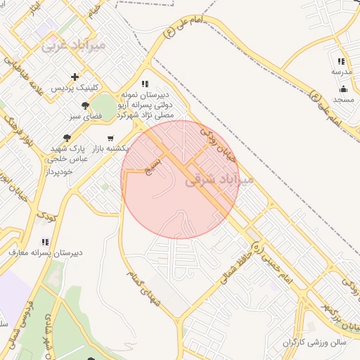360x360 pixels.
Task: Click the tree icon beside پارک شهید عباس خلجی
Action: click(x=67, y=138)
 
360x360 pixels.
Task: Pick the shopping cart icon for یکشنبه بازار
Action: click(x=110, y=138)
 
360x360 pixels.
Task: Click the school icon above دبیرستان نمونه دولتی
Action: click(x=145, y=83)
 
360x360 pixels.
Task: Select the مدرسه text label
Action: click(x=342, y=72)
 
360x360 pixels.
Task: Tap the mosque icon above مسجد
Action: click(x=343, y=89)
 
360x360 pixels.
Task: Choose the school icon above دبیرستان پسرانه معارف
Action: click(x=46, y=241)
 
